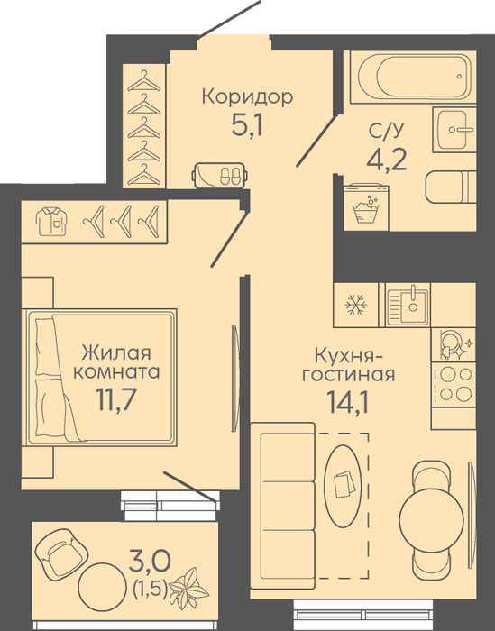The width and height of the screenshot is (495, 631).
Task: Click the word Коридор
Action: click(247, 97)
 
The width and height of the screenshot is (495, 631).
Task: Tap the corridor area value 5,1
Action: click(247, 124)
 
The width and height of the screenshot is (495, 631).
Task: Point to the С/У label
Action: click(386, 131)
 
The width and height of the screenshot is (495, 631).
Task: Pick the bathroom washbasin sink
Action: click(454, 129)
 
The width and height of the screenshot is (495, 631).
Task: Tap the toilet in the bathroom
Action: click(451, 187)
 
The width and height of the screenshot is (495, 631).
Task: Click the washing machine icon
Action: click(366, 207)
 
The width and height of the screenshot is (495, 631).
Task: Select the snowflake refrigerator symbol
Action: click(356, 305)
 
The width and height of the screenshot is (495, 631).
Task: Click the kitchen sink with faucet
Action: click(408, 305)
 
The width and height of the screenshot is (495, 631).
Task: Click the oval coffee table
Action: click(343, 486)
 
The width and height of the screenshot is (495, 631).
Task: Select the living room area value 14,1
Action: click(348, 402)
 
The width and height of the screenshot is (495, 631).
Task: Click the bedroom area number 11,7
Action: click(116, 399)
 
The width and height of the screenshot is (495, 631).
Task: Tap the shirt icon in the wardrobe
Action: click(51, 221)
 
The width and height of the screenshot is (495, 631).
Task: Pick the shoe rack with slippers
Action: click(220, 175)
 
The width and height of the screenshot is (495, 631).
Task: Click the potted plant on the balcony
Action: click(188, 586)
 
